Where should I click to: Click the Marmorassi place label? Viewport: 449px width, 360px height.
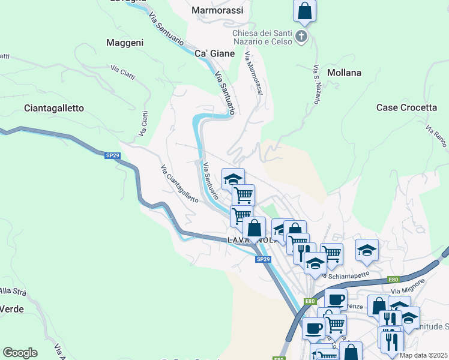[x=217, y=10]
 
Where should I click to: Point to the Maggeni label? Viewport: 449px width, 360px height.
[x=124, y=43]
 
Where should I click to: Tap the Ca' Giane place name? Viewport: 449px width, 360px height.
[x=215, y=53]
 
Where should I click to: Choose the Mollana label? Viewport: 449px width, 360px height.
[x=345, y=73]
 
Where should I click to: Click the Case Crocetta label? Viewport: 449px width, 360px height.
[x=406, y=107]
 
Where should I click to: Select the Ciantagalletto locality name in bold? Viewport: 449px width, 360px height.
[x=54, y=108]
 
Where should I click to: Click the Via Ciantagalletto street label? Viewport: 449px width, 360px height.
[x=179, y=183]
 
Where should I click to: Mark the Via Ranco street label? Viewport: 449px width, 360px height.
[x=436, y=137]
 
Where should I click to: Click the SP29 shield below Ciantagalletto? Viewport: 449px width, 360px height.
[x=112, y=155]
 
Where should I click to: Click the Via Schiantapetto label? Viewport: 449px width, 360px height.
[x=344, y=275]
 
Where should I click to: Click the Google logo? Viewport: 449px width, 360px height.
[x=20, y=353]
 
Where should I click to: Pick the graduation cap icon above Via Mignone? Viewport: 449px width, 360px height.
[x=367, y=250]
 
